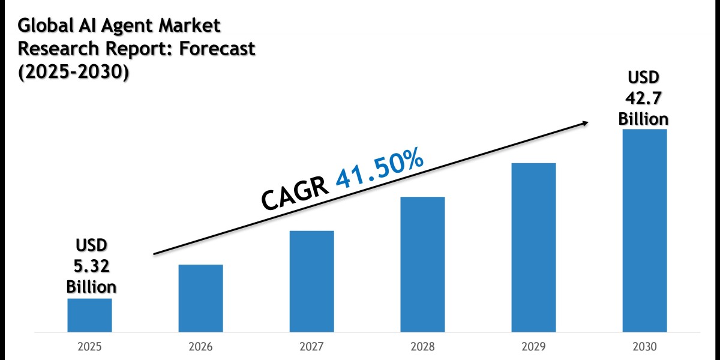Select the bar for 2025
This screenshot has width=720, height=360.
point(89,315)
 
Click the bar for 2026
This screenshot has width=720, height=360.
point(200,298)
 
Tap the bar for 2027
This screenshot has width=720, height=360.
point(311,281)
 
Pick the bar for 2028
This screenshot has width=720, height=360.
point(422,264)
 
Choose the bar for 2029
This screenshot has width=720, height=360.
point(533,247)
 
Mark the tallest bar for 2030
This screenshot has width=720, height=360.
point(644,230)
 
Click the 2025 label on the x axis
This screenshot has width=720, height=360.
point(89,347)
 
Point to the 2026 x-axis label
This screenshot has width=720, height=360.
point(200,347)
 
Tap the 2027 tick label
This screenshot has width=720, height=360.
point(311,347)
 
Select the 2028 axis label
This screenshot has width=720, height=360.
point(422,347)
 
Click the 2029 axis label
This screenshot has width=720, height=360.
point(533,347)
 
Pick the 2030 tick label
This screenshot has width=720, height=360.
point(644,347)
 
